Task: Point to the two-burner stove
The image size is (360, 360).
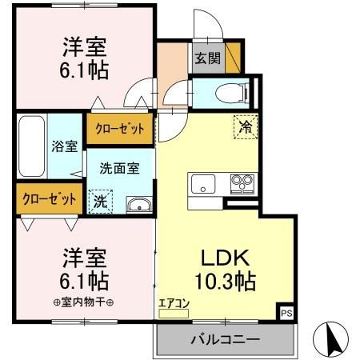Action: point(241,183)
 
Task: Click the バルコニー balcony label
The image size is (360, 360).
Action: point(224,340)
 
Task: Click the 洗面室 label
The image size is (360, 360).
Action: point(119,169)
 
